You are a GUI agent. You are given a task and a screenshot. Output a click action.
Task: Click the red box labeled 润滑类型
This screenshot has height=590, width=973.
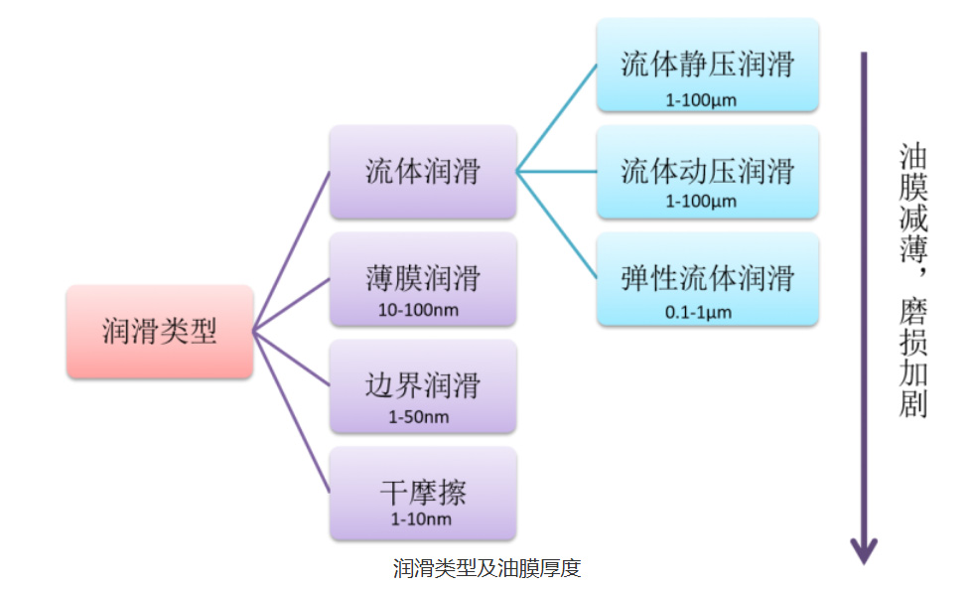coord(160,332)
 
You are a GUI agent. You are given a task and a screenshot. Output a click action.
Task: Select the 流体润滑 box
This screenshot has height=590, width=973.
coord(423,171)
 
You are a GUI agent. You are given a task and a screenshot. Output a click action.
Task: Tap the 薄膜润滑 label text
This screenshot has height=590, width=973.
coord(423,277)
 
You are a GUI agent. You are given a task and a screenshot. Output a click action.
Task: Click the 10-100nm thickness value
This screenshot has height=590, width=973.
coord(419,310)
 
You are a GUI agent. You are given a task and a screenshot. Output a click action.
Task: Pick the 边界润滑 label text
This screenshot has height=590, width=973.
coord(423,384)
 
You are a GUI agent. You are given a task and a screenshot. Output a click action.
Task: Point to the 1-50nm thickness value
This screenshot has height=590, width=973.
coord(419,416)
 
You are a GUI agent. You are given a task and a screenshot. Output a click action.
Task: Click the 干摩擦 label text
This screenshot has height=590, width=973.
coord(423,493)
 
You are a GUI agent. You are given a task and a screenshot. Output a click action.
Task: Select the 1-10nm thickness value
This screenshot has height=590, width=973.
coord(419,519)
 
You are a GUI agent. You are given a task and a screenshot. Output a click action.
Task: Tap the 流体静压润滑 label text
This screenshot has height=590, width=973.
coord(708,66)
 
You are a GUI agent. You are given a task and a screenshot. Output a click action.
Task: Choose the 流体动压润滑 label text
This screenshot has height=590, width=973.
coord(708,171)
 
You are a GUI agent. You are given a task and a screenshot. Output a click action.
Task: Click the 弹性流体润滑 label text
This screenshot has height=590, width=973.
coord(708,277)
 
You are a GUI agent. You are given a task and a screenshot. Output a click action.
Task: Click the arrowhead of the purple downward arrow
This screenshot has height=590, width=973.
coord(863,549)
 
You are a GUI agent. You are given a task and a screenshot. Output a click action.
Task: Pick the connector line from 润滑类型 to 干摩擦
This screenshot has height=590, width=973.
coord(291,412)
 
